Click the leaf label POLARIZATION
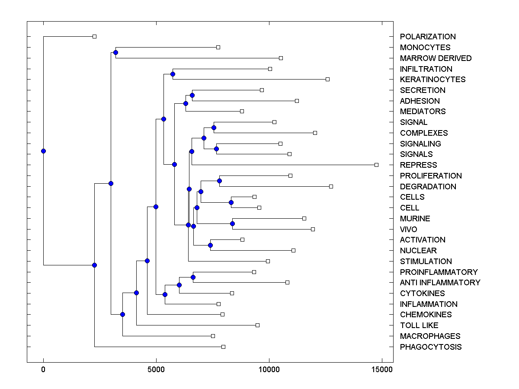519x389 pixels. pyautogui.click(x=428, y=37)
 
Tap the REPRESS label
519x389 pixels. pyautogui.click(x=418, y=165)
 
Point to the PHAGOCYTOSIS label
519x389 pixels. pyautogui.click(x=430, y=347)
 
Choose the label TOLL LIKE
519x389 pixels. pyautogui.click(x=419, y=325)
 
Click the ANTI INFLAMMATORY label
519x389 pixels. pyautogui.click(x=440, y=283)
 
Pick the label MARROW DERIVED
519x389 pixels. pyautogui.click(x=436, y=58)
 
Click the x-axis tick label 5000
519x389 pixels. pyautogui.click(x=156, y=370)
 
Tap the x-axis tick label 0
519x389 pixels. pyautogui.click(x=43, y=370)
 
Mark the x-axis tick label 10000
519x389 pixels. pyautogui.click(x=269, y=370)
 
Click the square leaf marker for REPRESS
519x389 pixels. pyautogui.click(x=376, y=165)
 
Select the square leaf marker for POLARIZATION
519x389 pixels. pyautogui.click(x=95, y=36)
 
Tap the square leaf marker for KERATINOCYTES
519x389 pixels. pyautogui.click(x=327, y=79)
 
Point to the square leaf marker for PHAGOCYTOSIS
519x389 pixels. pyautogui.click(x=223, y=347)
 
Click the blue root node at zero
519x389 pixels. pyautogui.click(x=43, y=151)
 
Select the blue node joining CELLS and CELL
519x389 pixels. pyautogui.click(x=231, y=202)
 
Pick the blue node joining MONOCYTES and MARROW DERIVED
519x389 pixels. pyautogui.click(x=115, y=52)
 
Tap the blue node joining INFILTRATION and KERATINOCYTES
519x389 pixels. pyautogui.click(x=173, y=74)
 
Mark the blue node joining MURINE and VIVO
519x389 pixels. pyautogui.click(x=232, y=223)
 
